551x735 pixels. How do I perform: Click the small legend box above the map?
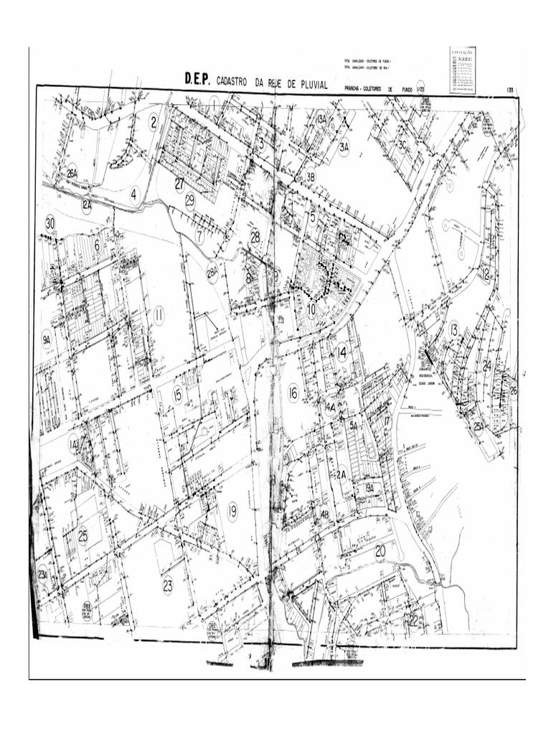(461, 70)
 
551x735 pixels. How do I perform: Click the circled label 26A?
(72, 174)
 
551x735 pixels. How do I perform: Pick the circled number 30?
(50, 223)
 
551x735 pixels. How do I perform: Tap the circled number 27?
(179, 184)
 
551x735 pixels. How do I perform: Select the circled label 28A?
(212, 273)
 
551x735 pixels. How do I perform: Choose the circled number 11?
(159, 315)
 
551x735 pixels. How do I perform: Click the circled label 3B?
(311, 177)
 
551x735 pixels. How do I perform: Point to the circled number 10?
(311, 310)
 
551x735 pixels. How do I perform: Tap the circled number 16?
(293, 393)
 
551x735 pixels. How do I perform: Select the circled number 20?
(380, 551)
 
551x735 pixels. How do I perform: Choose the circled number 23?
(167, 585)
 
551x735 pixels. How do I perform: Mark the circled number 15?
(177, 394)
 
